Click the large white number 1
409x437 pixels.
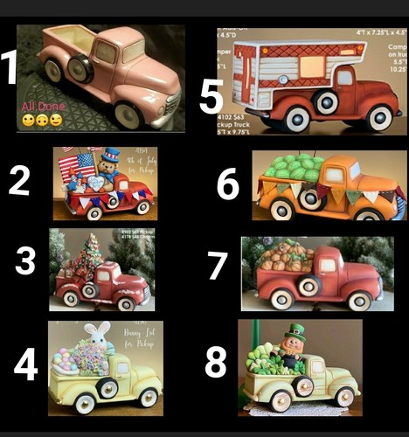pyautogui.click(x=10, y=67)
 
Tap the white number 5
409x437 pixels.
pyautogui.click(x=211, y=96)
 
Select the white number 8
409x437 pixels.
pyautogui.click(x=216, y=361)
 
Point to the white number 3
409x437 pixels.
pyautogui.click(x=25, y=261)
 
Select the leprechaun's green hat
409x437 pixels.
pyautogui.click(x=296, y=334)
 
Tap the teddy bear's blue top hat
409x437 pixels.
pyautogui.click(x=110, y=156)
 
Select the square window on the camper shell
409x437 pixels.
pyautogui.click(x=309, y=66)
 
